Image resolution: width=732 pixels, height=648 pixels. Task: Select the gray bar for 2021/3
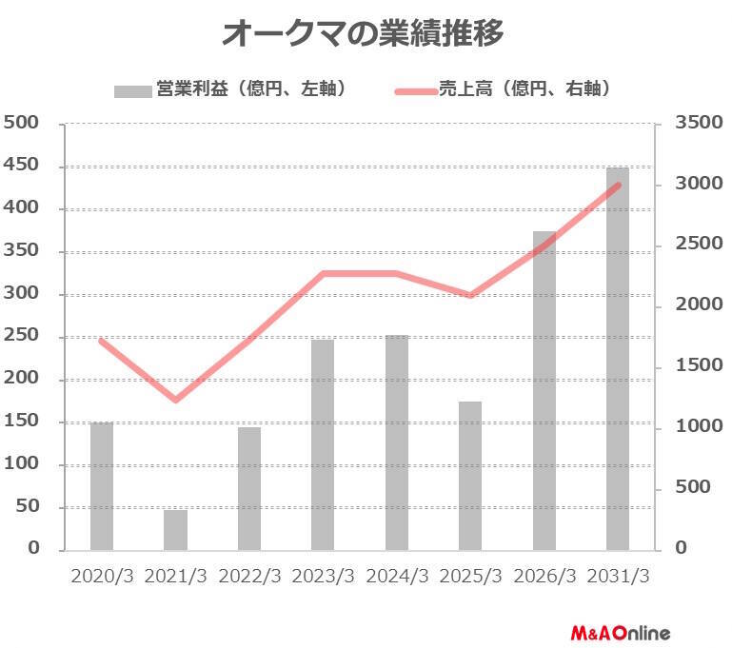(x=175, y=530)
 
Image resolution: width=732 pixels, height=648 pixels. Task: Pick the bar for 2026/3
(x=544, y=390)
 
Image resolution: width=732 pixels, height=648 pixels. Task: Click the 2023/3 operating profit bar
(x=323, y=444)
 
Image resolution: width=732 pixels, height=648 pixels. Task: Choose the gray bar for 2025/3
(x=470, y=476)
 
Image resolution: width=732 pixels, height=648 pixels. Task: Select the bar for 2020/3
(x=102, y=486)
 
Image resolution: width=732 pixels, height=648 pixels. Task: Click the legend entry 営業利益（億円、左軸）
(x=228, y=89)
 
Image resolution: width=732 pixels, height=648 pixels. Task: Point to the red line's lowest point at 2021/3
(x=175, y=400)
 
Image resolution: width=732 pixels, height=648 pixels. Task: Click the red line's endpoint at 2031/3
(x=619, y=185)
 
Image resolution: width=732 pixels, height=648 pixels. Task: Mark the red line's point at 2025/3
(x=470, y=296)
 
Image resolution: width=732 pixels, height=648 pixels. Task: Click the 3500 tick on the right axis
(x=693, y=123)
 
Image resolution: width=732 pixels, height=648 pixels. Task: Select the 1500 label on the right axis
(x=693, y=365)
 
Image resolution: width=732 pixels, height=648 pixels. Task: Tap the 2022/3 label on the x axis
(x=249, y=577)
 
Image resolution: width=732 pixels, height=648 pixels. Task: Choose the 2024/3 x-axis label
(x=397, y=577)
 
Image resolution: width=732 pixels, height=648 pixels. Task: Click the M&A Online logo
(x=621, y=632)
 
